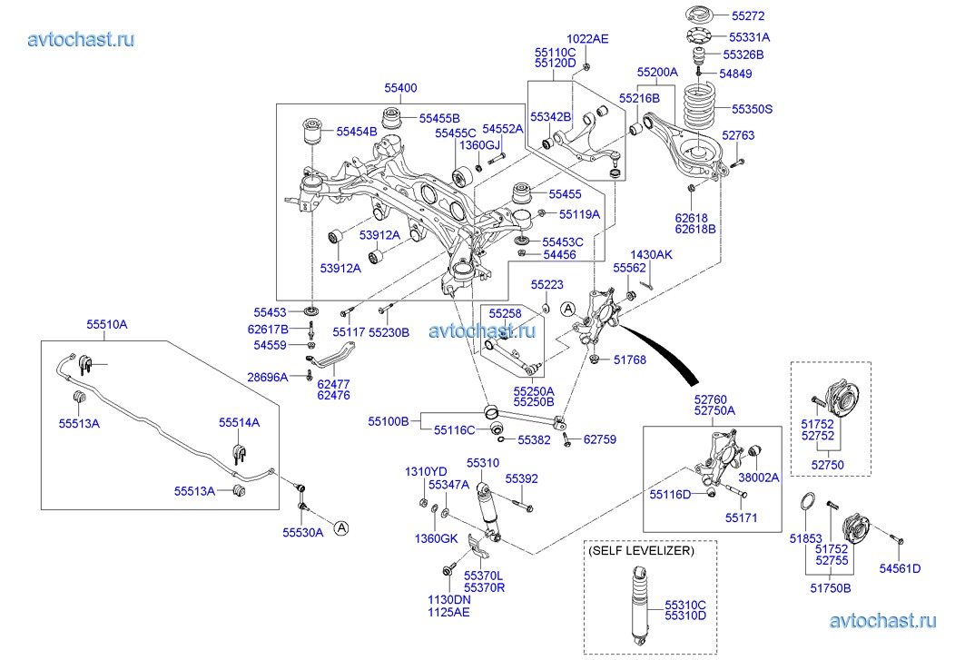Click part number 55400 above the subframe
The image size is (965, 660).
[x=400, y=88]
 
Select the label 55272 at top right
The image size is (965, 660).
[x=749, y=16]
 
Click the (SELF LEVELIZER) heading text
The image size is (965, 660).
[x=640, y=551]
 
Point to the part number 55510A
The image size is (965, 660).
[x=107, y=324]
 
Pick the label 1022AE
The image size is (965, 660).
[x=587, y=39]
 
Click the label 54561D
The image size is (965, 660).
[x=900, y=568]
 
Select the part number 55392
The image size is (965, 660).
[x=522, y=478]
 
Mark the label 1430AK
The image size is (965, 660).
[x=652, y=255]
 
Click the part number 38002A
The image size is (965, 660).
[x=759, y=476]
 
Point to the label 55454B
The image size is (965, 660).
[x=357, y=132]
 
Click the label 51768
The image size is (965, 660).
[x=630, y=360]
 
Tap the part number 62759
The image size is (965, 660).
[x=599, y=439]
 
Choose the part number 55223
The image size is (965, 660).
[x=547, y=284]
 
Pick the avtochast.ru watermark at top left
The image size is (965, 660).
[x=82, y=39]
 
